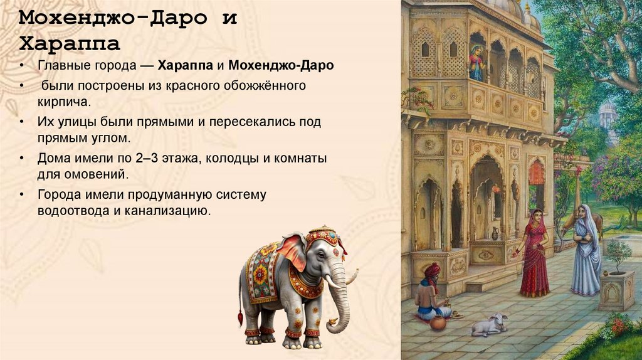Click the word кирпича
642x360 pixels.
(x=64, y=100)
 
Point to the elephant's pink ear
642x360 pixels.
(x=292, y=251)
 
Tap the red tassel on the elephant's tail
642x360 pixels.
(x=240, y=318)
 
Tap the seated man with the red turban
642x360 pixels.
(x=433, y=295)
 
